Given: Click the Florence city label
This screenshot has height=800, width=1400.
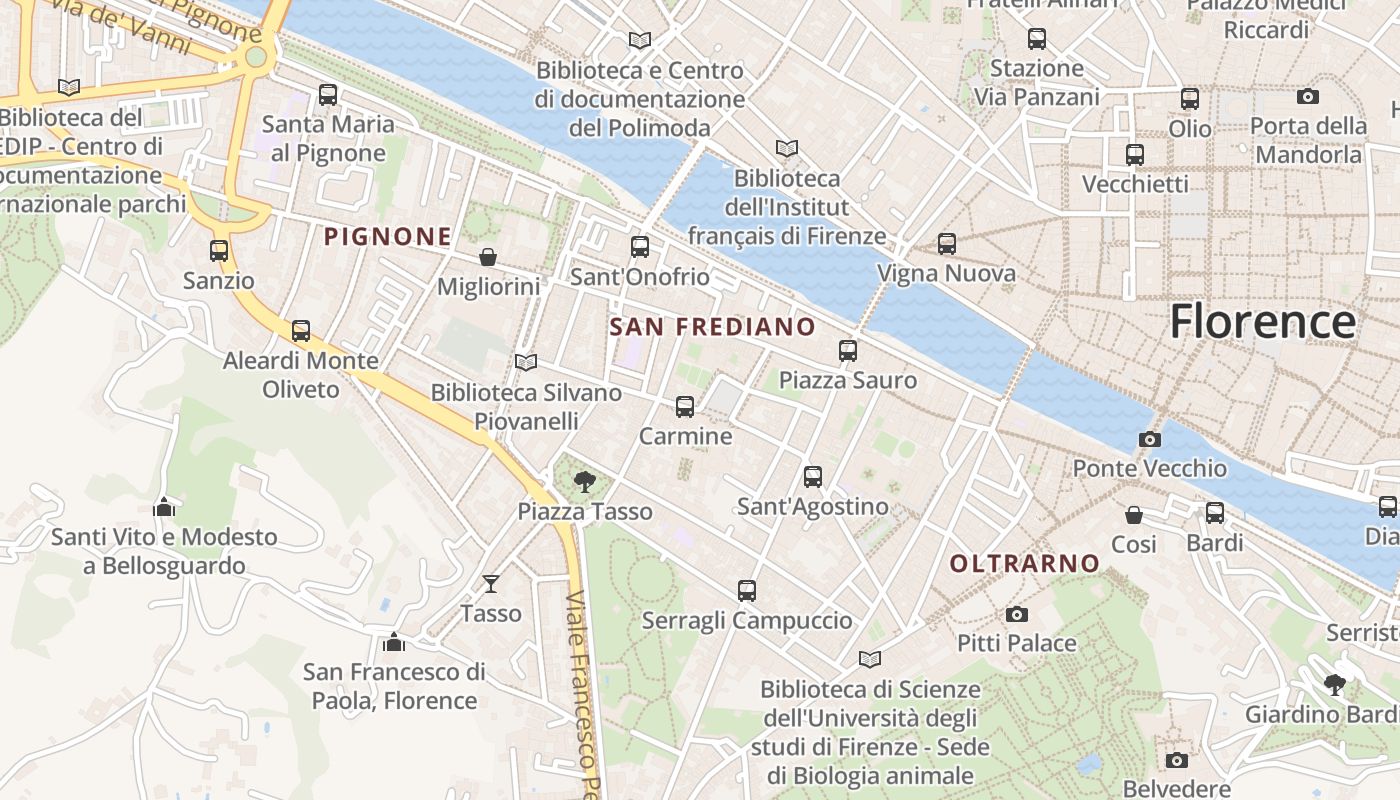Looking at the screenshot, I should [1262, 322].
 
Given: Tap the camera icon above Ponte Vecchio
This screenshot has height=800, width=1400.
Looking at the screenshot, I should [1150, 439].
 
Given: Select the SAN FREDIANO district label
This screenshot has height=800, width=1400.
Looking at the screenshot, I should [712, 327].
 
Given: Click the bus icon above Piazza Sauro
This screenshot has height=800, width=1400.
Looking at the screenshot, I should [848, 351].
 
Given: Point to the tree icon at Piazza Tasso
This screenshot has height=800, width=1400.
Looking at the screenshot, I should [585, 483].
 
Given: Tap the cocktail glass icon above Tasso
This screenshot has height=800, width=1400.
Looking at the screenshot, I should [491, 583].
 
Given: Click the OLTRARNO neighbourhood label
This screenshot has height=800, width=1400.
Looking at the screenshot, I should [1024, 564].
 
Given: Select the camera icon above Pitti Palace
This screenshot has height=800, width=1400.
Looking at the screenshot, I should [1017, 614].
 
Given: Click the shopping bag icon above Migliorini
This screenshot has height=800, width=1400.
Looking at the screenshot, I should [488, 257].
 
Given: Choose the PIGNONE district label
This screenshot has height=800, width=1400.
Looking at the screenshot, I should [388, 237].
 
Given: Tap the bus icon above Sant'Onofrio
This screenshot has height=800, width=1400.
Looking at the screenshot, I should [640, 247].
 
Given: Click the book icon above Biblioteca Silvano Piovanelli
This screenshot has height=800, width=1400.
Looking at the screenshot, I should [526, 362].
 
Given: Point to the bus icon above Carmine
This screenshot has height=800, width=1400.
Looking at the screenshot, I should [685, 407].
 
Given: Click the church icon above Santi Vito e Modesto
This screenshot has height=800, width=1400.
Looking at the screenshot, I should [164, 508].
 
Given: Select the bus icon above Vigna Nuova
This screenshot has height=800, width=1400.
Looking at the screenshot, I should [946, 244].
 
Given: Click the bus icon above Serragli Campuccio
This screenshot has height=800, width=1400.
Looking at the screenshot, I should [746, 591].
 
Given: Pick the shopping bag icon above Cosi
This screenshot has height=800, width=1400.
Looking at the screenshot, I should [1134, 515].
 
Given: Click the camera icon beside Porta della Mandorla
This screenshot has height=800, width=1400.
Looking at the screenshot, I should [1308, 97].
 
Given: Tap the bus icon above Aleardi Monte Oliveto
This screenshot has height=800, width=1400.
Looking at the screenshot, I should [301, 331].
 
